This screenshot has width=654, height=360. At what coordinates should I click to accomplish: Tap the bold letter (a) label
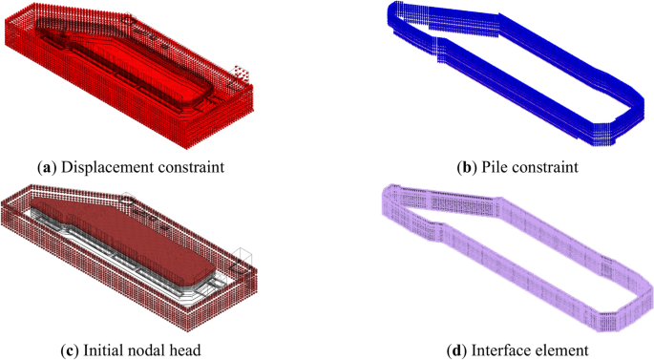pos(47,167)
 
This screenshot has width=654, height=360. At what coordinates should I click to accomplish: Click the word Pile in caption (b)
pos(494,167)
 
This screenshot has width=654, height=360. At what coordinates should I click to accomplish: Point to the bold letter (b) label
pos(467,167)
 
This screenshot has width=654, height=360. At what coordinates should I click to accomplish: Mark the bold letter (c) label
pos(70,350)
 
